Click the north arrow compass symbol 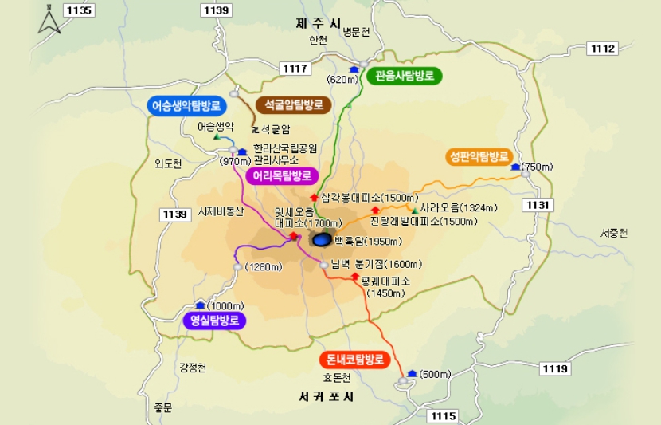tap(49, 19)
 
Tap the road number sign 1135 tap(81, 10)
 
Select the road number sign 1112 tap(604, 49)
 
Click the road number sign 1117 tap(295, 69)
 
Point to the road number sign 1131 tap(538, 205)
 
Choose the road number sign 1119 tap(554, 368)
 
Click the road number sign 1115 tap(444, 415)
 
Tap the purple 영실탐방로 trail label tap(214, 321)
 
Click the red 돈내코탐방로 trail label tap(356, 359)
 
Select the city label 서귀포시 tap(327, 396)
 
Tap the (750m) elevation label tap(537, 167)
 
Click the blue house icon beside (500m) tap(412, 373)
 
